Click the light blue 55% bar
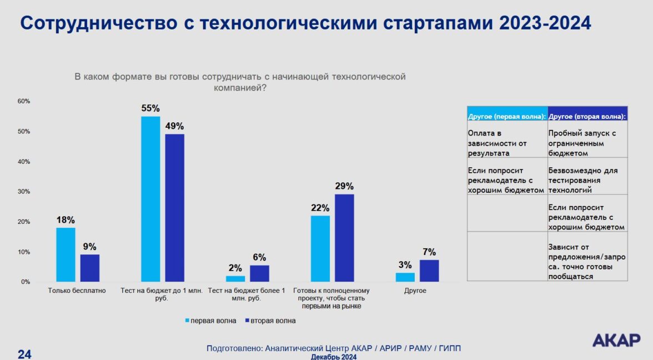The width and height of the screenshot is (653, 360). coord(150,199)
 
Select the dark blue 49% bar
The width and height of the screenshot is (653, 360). coord(174,208)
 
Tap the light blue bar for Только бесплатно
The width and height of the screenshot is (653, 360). coord(66,254)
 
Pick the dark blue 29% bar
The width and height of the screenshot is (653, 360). coord(344,238)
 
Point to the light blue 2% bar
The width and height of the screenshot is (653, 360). coord(235,279)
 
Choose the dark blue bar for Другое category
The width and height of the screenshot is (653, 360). coord(429,271)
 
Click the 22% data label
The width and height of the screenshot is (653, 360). coord(320,208)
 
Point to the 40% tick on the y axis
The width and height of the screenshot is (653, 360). coord(23,162)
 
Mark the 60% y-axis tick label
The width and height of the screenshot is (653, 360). coord(23,101)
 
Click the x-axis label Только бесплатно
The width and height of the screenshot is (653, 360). coord(77,291)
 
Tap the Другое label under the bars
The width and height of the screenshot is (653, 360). coord(415,291)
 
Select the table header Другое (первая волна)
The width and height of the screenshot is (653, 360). coord(507,117)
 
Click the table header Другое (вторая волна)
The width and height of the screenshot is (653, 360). coord(587,117)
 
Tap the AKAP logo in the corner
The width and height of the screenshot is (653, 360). coord(616,340)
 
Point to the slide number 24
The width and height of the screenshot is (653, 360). coord(24,354)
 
